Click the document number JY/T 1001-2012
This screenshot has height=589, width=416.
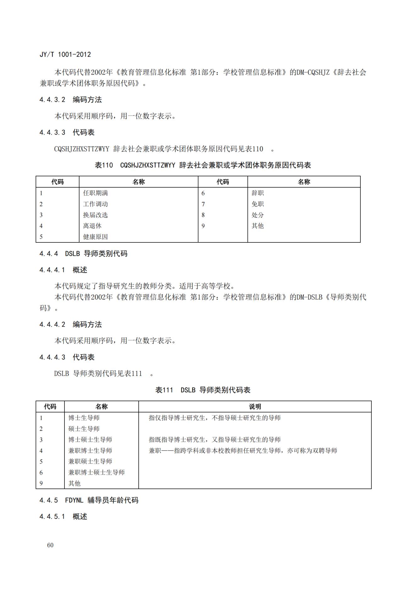pyautogui.click(x=65, y=54)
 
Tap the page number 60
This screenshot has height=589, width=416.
pyautogui.click(x=50, y=545)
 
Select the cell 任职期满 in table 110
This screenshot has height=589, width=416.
pyautogui.click(x=95, y=193)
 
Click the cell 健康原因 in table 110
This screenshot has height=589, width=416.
pyautogui.click(x=95, y=237)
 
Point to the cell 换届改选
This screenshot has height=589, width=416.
pyautogui.click(x=95, y=215)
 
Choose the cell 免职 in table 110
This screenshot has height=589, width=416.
pyautogui.click(x=258, y=204)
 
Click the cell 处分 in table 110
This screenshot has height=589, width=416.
pyautogui.click(x=258, y=215)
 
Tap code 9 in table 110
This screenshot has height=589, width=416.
pyautogui.click(x=203, y=226)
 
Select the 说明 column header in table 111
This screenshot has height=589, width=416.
pyautogui.click(x=255, y=407)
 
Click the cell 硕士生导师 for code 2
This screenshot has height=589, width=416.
pyautogui.click(x=84, y=429)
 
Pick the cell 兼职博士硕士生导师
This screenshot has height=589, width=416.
pyautogui.click(x=97, y=472)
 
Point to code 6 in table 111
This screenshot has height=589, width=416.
pyautogui.click(x=41, y=472)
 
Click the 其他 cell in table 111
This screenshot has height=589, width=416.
pyautogui.click(x=75, y=483)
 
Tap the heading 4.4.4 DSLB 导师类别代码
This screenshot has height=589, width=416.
pyautogui.click(x=83, y=253)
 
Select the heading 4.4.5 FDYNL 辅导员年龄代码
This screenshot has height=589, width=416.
pyautogui.click(x=89, y=500)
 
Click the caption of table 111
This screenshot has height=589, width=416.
pyautogui.click(x=203, y=390)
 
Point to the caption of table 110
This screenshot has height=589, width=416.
pyautogui.click(x=203, y=165)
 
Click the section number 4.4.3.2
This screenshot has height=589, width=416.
pyautogui.click(x=52, y=100)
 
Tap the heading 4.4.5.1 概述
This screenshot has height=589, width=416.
pyautogui.click(x=63, y=517)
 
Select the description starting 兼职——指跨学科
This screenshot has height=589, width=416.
pyautogui.click(x=243, y=450)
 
